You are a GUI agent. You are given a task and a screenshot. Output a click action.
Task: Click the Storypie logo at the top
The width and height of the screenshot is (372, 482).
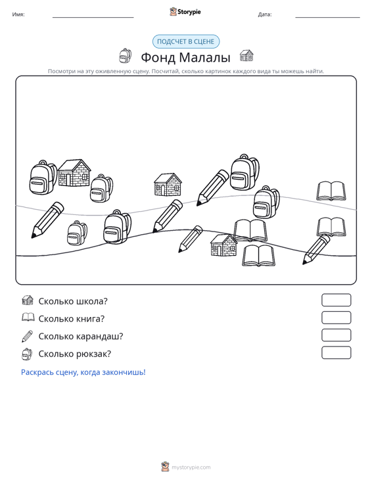[x=185, y=12]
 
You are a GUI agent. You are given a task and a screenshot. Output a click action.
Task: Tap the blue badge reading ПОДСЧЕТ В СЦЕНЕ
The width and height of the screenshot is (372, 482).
[x=186, y=41]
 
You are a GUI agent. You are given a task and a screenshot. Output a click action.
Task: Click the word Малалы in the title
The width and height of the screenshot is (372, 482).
[x=204, y=57]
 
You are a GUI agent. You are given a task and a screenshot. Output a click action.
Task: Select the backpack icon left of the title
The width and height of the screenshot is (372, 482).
[x=126, y=56]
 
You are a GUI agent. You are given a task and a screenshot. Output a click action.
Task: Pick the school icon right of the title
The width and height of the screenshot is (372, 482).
[x=246, y=55]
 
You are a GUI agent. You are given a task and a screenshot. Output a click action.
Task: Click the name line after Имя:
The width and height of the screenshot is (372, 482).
[x=93, y=17]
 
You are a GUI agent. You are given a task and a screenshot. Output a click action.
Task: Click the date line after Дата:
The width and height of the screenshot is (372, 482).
[x=327, y=17]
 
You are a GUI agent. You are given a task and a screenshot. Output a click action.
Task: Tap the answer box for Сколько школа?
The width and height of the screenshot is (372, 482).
[x=336, y=300]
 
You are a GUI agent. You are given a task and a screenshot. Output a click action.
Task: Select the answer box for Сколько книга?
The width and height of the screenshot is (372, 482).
[x=336, y=318]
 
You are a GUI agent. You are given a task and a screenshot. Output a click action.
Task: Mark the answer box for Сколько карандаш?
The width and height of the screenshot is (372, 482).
[x=336, y=335]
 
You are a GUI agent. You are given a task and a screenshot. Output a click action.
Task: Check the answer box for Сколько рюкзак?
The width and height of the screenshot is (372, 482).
[x=336, y=352]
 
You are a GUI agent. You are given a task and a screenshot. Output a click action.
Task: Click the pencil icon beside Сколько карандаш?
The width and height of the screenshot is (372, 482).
[x=27, y=336]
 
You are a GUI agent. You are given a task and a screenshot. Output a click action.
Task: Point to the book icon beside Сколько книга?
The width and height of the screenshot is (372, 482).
[x=28, y=317]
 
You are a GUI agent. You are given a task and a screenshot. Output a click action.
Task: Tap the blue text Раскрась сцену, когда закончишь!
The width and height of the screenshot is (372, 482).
[x=83, y=372]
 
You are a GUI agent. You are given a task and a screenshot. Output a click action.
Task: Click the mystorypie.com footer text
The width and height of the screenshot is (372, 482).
[x=191, y=468]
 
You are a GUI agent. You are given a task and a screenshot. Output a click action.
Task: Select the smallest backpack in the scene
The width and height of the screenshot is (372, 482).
[x=77, y=233]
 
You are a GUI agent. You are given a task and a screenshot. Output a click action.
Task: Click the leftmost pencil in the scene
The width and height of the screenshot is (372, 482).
[x=47, y=220]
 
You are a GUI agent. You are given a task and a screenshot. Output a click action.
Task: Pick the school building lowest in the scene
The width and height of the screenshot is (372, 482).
[x=223, y=245]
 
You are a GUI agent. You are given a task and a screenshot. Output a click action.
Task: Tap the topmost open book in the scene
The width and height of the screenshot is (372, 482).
[x=331, y=191]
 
